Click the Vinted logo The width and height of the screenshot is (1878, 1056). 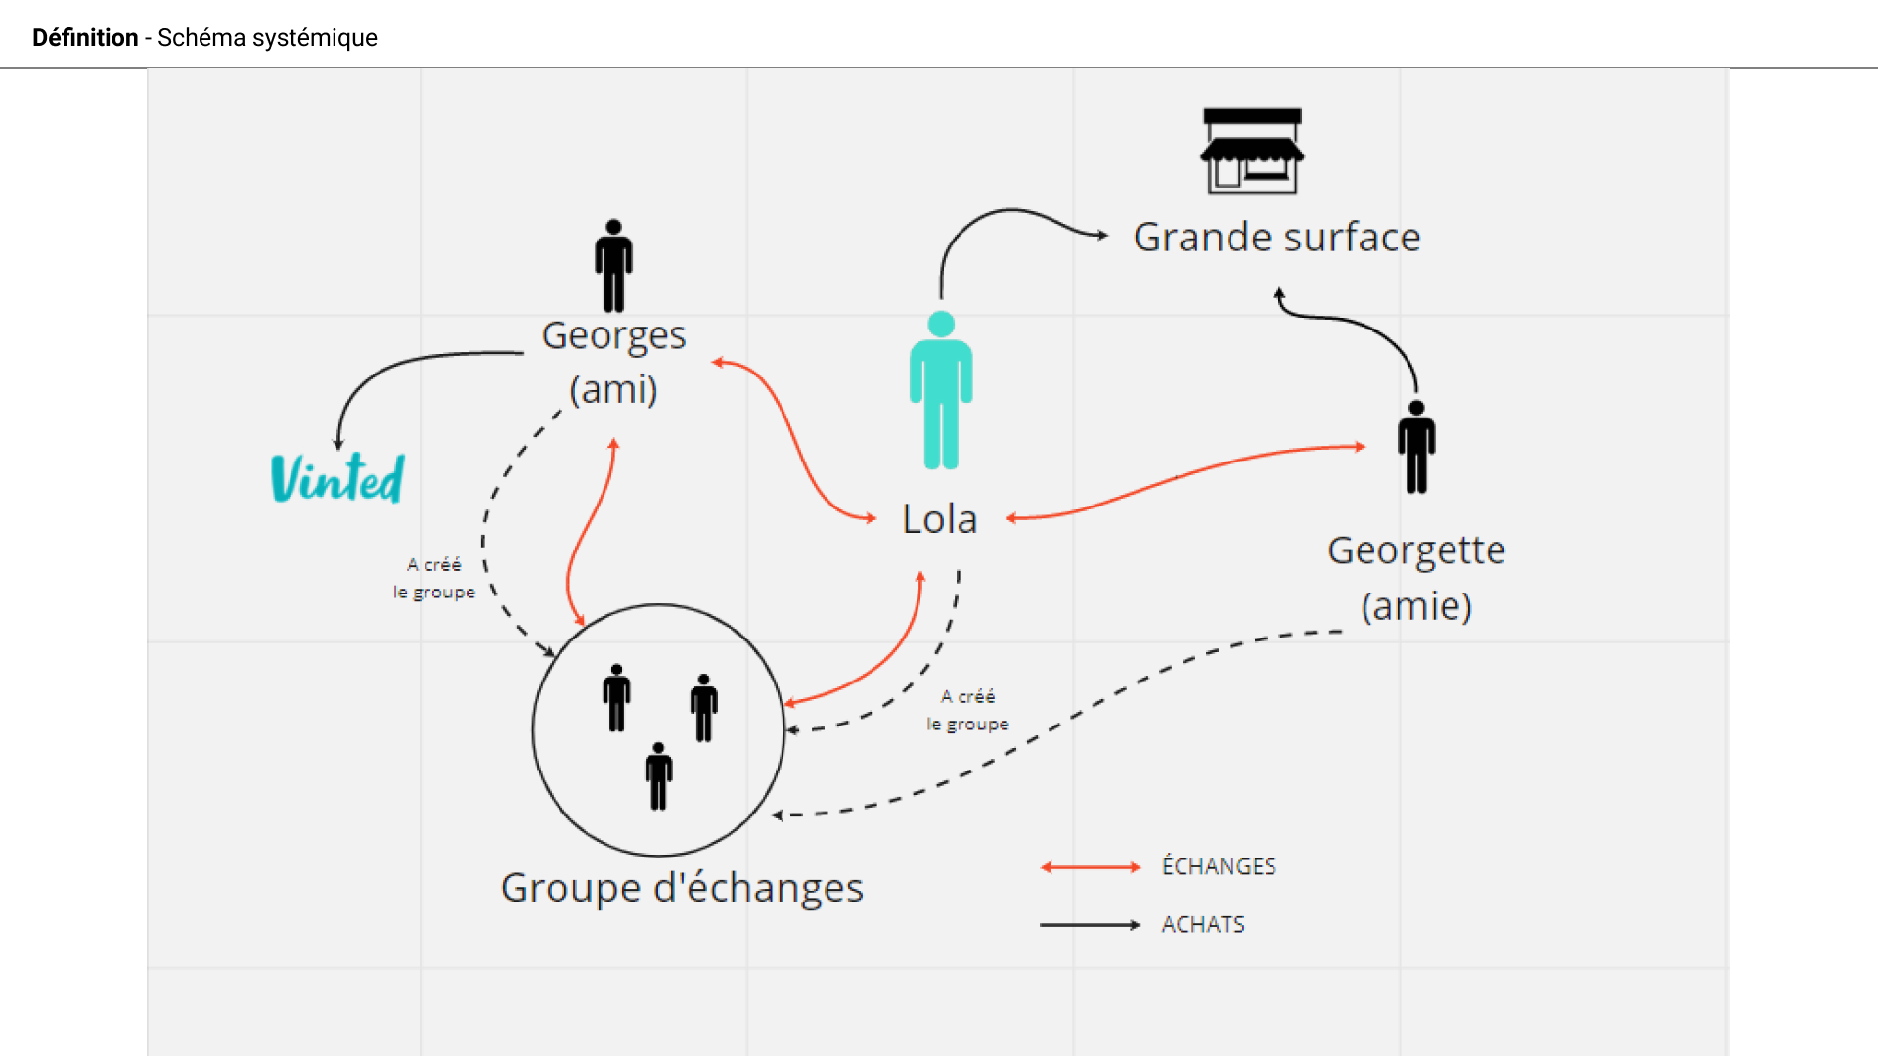(x=337, y=478)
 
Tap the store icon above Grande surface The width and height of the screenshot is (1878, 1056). (x=1252, y=151)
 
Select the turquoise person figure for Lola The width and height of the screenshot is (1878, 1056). (x=941, y=391)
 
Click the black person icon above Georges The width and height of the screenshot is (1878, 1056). (x=613, y=266)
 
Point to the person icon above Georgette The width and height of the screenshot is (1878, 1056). (x=1416, y=447)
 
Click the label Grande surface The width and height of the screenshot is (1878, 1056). (x=1276, y=238)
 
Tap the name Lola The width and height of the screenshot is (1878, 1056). (x=939, y=519)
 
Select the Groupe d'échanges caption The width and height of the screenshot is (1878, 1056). (x=682, y=888)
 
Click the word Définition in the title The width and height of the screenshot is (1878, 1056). (x=85, y=38)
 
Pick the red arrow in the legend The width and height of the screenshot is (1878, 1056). (x=1091, y=867)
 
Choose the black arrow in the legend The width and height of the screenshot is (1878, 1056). (x=1091, y=925)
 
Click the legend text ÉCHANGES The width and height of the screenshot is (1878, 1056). (x=1219, y=867)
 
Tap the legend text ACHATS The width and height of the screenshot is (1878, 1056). (x=1203, y=925)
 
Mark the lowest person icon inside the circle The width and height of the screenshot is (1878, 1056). (x=658, y=776)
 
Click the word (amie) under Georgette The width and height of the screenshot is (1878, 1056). (x=1416, y=606)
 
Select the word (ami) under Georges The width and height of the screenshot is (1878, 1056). (x=613, y=389)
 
